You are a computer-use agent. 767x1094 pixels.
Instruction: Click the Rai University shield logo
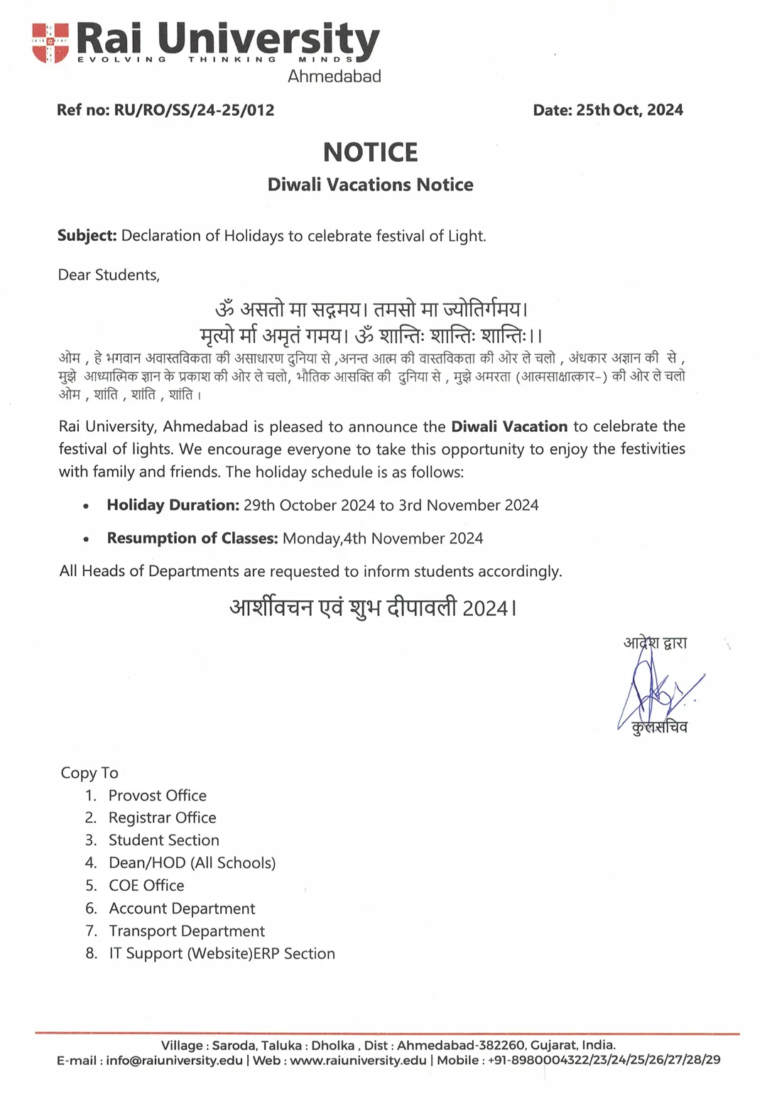pos(50,42)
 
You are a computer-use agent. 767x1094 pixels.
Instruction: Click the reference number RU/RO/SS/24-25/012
pos(194,110)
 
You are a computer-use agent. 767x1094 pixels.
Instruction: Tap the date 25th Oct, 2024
pos(629,110)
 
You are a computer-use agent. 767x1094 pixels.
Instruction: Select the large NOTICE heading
pos(370,153)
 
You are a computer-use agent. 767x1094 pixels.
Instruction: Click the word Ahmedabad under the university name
pos(334,76)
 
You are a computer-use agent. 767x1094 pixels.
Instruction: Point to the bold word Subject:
pos(87,236)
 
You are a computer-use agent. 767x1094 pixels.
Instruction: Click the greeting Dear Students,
pos(109,275)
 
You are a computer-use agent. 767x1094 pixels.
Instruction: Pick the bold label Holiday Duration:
pos(173,505)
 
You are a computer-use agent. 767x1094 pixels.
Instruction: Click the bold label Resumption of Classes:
pos(192,538)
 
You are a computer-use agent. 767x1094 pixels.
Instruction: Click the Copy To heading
pos(89,773)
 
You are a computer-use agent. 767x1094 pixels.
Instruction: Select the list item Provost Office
pos(157,796)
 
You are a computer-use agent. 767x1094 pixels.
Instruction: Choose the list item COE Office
pos(146,886)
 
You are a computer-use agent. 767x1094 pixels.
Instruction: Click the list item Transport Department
pos(186,931)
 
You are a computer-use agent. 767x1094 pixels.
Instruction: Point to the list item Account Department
pos(182,909)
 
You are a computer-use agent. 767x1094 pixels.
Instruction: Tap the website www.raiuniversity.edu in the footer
pos(358,1061)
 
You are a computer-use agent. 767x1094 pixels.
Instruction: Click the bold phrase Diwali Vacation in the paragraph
pos(509,427)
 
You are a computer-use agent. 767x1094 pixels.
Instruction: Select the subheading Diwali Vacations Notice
pos(370,185)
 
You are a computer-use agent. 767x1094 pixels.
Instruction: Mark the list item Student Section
pos(163,840)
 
